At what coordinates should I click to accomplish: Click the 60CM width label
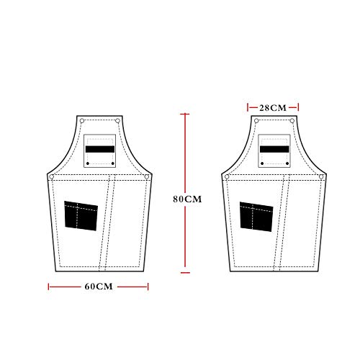coord(99,287)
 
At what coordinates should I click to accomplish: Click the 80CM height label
coord(187,199)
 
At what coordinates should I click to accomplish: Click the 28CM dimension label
coord(273,108)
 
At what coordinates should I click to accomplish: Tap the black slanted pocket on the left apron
coord(81,216)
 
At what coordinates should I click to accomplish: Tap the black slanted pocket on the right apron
coord(256,217)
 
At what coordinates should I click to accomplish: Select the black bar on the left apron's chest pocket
coord(100,149)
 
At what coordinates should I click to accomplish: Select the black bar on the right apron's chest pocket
coord(274,149)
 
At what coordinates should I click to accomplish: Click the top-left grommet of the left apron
coord(82,121)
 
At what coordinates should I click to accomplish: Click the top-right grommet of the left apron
coord(117,121)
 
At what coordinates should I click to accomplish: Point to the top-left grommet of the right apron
coord(256,121)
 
